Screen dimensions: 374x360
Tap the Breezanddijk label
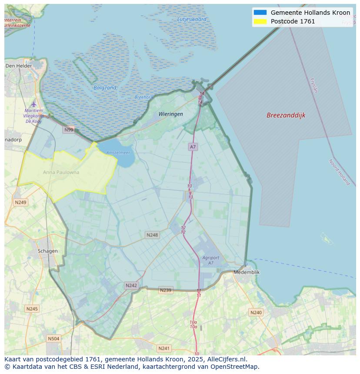[286, 115]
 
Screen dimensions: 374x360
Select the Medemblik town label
[247, 272]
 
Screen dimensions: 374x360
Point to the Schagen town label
[47, 251]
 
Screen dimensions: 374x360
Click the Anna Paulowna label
[61, 172]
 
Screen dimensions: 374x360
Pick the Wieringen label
[170, 114]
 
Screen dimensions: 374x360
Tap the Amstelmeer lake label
[118, 153]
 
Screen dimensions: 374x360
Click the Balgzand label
[105, 88]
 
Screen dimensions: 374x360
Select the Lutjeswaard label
[192, 19]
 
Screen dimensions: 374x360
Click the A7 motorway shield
[193, 147]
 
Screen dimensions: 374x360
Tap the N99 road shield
[69, 129]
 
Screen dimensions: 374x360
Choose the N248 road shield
[152, 235]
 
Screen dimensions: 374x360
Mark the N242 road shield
[131, 285]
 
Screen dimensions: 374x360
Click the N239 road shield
[165, 290]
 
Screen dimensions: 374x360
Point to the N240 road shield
[256, 312]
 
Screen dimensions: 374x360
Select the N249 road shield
[20, 202]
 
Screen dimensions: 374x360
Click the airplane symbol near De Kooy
[34, 104]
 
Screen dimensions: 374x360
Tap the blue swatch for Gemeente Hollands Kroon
[260, 13]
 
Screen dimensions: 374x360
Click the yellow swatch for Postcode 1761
[260, 21]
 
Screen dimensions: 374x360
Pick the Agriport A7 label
[211, 260]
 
